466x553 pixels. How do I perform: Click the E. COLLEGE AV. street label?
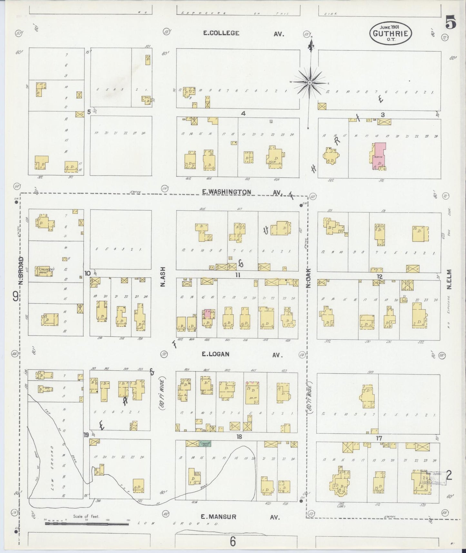(221, 33)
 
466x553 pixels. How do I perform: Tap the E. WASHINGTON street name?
(226, 192)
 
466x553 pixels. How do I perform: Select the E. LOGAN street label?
(215, 354)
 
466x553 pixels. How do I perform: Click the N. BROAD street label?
(21, 270)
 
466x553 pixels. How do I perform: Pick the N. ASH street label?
(163, 276)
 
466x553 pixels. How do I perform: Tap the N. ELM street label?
(450, 279)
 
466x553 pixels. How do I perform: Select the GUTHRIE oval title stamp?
(391, 33)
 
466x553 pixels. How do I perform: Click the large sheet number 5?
(451, 23)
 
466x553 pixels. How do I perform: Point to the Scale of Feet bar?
(86, 524)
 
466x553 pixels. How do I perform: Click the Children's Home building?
(46, 271)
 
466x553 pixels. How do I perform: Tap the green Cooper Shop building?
(204, 443)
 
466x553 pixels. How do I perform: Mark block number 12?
(379, 276)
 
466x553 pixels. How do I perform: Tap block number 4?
(243, 113)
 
